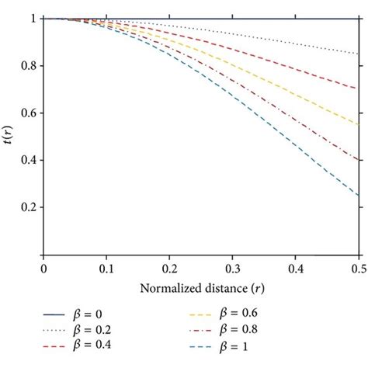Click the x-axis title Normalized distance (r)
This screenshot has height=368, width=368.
(201, 289)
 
